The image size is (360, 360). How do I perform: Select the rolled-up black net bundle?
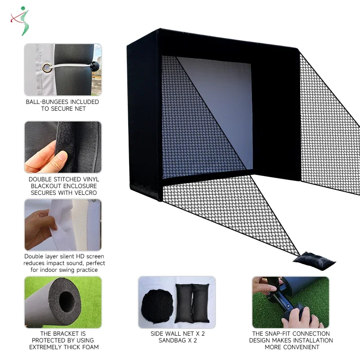click(x=157, y=305)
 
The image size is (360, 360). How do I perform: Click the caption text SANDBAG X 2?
click(x=177, y=341)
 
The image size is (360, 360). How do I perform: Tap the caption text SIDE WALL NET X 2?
click(x=177, y=334)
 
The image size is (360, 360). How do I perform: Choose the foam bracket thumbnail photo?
click(x=63, y=302)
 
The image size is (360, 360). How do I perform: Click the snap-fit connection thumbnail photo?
click(x=290, y=302)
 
